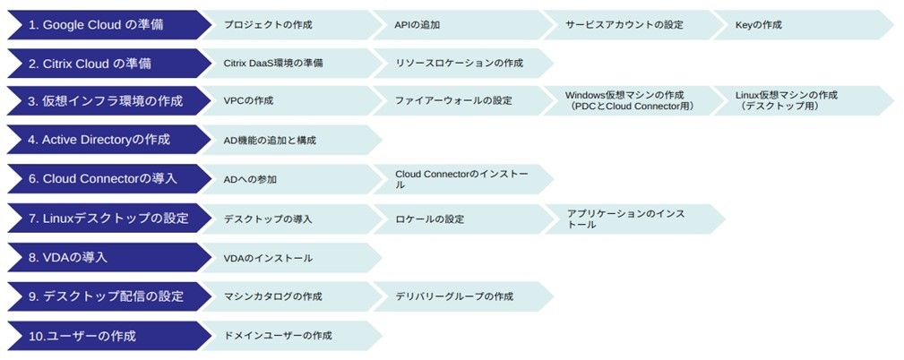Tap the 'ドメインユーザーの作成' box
287,336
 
